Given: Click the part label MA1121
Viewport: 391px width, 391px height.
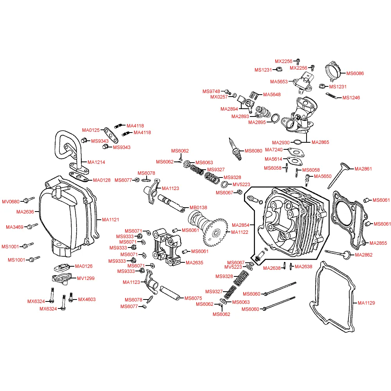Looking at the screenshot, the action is click(111, 220).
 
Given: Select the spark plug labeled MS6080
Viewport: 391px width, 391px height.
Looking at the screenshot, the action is click(235, 149).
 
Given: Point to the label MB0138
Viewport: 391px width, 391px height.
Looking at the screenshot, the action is click(198, 208).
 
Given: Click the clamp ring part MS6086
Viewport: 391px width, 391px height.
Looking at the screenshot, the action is click(333, 71).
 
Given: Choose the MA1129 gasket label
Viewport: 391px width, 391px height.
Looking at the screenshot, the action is click(366, 303).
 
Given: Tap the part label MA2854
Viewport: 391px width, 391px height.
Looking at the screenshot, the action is click(240, 225).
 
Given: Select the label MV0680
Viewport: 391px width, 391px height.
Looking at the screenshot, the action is click(11, 202).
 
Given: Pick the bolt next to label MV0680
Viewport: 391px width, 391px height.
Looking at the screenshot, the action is click(29, 200).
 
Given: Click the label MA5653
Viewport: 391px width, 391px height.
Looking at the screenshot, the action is click(279, 82).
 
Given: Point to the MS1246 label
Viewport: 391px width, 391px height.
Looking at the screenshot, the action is click(351, 98).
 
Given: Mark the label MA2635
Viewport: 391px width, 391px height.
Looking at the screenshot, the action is click(194, 263).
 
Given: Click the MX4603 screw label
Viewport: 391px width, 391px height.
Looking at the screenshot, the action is click(87, 300).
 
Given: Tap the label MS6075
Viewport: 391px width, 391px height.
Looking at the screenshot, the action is click(193, 298).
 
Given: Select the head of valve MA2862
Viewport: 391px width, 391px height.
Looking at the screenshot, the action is click(347, 255).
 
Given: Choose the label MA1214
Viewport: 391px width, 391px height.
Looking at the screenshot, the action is click(96, 162).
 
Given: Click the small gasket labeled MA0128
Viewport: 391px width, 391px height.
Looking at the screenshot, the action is click(79, 177).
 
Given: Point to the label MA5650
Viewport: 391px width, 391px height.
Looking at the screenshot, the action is click(323, 176).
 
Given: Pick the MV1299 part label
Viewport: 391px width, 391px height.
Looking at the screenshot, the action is click(86, 278).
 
